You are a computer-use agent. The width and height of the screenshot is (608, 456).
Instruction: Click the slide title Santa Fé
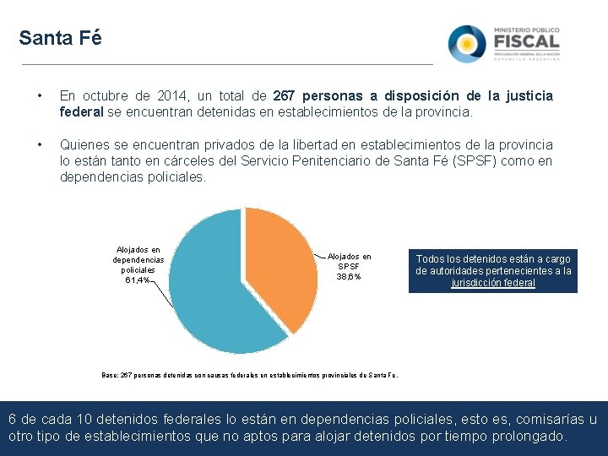(x=60, y=39)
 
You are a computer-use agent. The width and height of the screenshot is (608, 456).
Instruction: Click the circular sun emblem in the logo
(x=466, y=43)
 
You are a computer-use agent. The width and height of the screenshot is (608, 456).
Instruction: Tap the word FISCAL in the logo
(x=526, y=41)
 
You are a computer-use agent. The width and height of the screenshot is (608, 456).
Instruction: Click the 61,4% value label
(x=137, y=280)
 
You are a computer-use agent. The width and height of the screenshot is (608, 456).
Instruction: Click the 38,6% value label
(x=349, y=276)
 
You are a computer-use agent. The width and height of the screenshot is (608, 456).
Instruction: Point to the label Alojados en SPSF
(x=349, y=261)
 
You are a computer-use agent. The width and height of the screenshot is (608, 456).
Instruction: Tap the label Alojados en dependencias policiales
(x=138, y=259)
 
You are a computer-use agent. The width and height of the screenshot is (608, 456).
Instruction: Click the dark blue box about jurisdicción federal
(x=493, y=271)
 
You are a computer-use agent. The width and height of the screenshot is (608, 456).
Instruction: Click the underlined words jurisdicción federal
(x=493, y=283)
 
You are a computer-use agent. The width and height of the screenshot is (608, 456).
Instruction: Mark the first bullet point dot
(x=30, y=96)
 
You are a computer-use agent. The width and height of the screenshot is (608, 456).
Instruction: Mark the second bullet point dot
(x=30, y=145)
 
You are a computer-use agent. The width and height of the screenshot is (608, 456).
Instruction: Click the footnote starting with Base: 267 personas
(x=250, y=375)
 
